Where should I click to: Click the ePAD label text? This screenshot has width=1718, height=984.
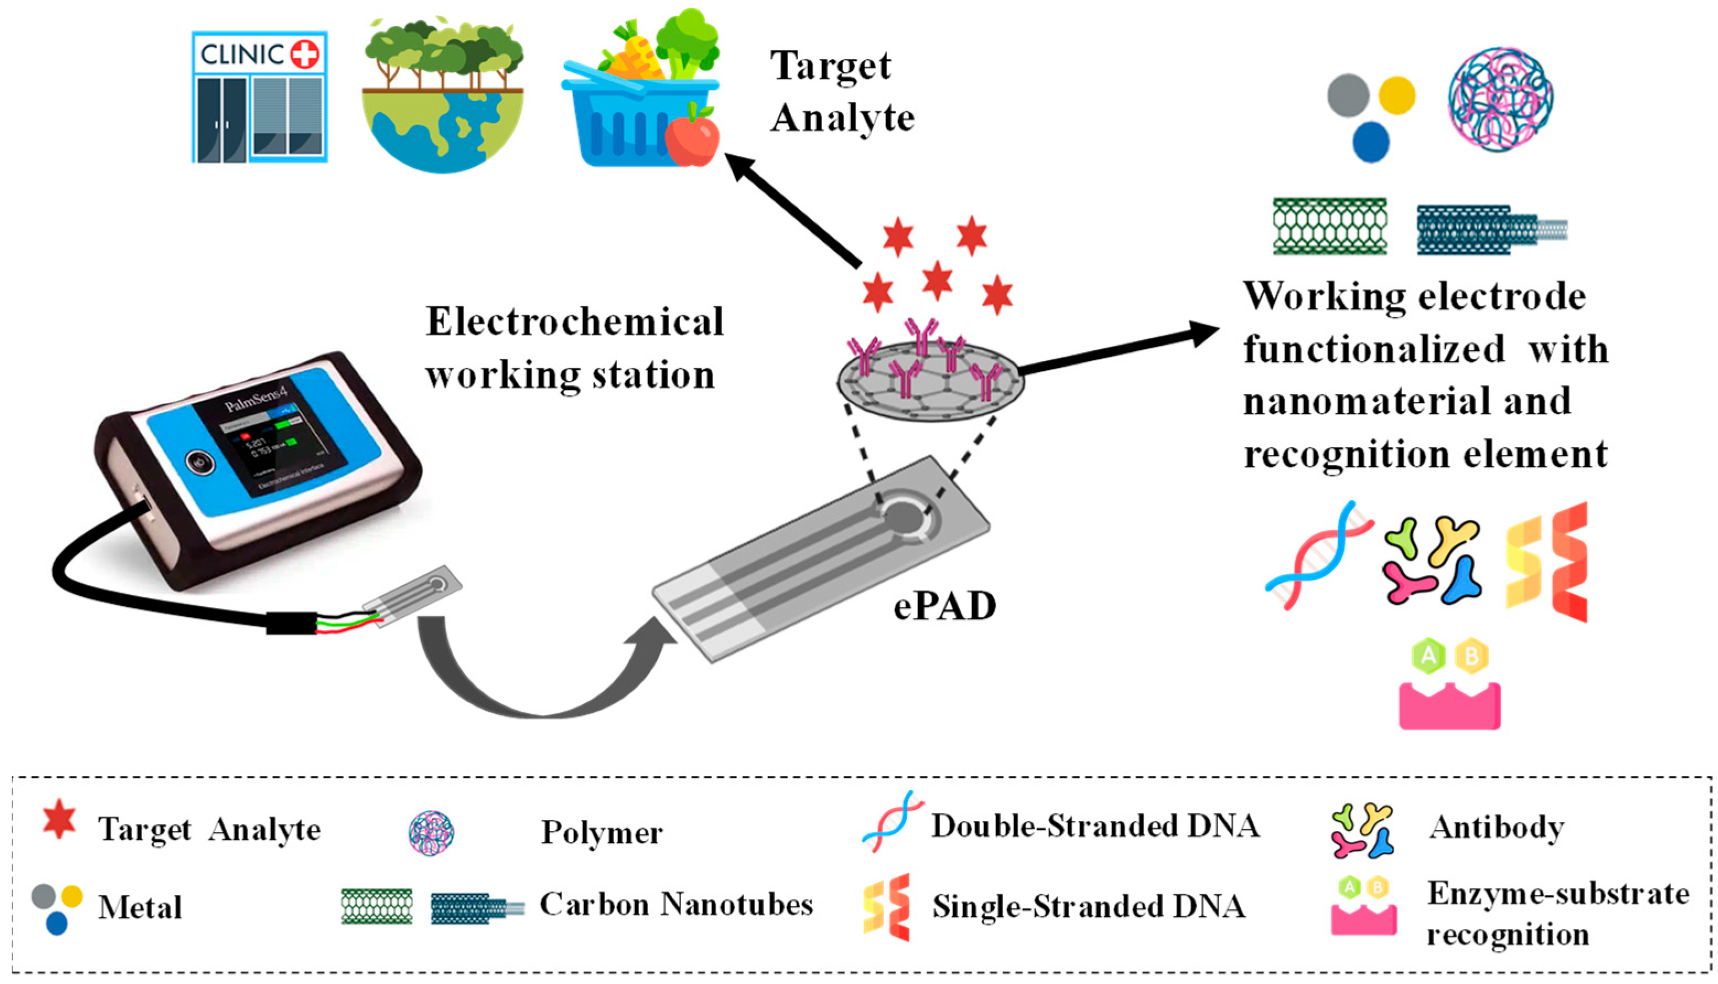944,606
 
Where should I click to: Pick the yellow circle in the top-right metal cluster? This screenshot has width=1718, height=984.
1396,95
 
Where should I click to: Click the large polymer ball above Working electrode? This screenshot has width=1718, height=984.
1500,99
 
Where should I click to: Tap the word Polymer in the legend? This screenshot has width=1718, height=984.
602,833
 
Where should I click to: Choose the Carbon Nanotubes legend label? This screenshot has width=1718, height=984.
676,904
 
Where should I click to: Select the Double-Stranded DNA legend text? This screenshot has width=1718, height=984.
1095,826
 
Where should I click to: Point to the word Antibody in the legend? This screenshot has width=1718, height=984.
1497,827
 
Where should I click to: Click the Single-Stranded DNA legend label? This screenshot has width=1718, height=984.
1089,906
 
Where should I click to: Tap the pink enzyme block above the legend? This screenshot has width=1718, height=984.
1449,706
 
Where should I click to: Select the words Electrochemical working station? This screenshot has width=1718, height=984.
574,348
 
